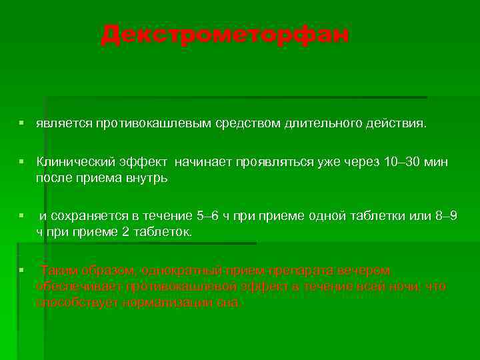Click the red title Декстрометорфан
[x=225, y=35]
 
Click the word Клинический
[x=71, y=161]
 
